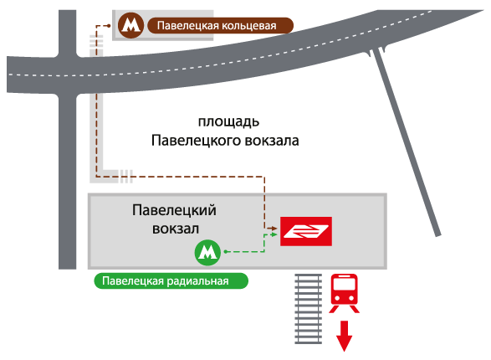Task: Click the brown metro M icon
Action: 130,25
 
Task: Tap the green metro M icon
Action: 207,252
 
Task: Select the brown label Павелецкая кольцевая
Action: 220,25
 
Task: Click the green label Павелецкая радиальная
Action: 171,280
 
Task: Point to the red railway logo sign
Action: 306,231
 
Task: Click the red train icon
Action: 344,293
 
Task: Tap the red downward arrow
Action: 344,336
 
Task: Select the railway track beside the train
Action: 309,309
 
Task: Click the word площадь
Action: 228,122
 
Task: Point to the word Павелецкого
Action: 197,141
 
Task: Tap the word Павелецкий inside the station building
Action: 174,210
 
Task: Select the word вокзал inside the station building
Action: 176,229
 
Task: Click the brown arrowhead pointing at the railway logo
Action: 274,229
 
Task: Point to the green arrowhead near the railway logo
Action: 274,234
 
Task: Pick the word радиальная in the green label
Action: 197,281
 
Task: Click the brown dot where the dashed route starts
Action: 109,26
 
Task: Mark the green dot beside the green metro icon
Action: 226,251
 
